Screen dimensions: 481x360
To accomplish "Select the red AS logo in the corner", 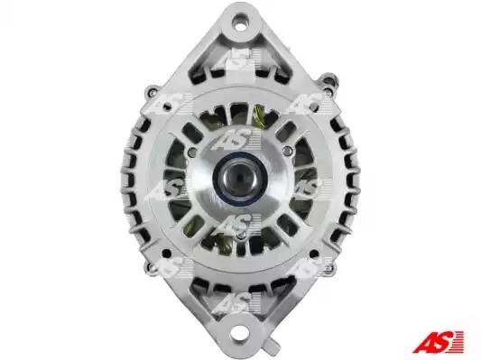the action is pyautogui.click(x=439, y=341).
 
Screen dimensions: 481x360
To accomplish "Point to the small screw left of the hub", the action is pyautogui.click(x=192, y=151).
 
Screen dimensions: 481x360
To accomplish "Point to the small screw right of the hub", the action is pyautogui.click(x=287, y=151).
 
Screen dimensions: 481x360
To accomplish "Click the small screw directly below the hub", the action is pyautogui.click(x=240, y=235).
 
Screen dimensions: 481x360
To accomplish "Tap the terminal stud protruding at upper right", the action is pyautogui.click(x=329, y=78).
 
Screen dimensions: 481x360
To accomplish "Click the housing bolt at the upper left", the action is pyautogui.click(x=152, y=91).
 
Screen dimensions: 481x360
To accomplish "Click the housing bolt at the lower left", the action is pyautogui.click(x=151, y=266).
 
